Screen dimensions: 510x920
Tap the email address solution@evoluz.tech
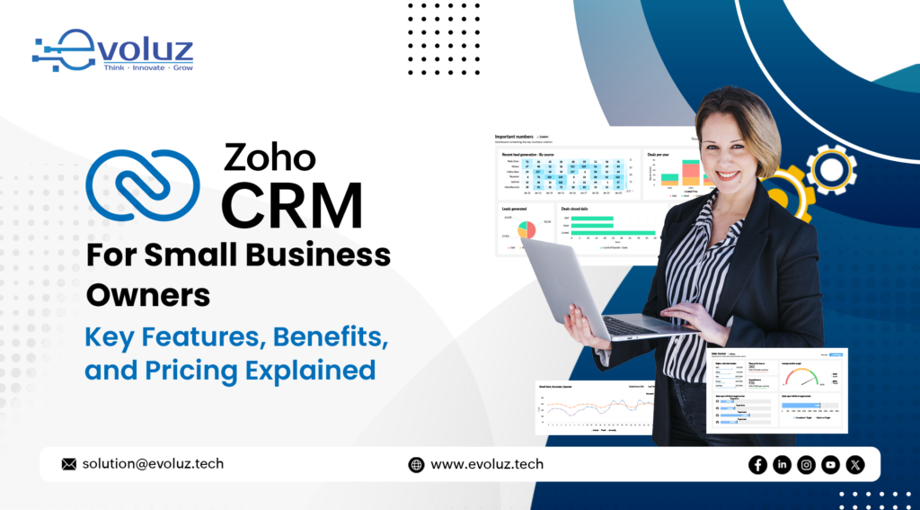(153, 464)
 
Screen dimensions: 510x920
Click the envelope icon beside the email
(69, 464)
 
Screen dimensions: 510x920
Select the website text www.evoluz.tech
(487, 464)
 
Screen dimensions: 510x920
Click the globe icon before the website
(416, 465)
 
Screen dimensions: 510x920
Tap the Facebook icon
(757, 464)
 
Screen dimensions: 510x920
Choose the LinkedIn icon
(782, 464)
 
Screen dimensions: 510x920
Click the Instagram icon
(806, 464)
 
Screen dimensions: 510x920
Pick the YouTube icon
(830, 464)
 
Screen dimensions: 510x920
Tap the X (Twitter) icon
(855, 464)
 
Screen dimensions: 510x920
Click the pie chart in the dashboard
(526, 229)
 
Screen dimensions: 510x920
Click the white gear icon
(830, 170)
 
